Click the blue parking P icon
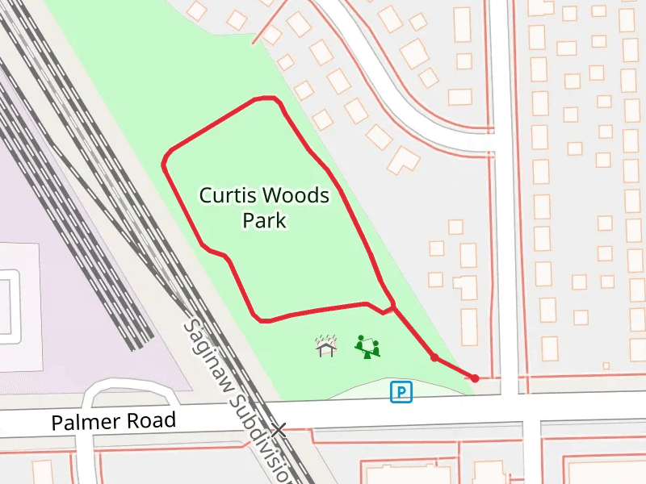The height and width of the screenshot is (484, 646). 401,392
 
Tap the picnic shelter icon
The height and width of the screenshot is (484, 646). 325,346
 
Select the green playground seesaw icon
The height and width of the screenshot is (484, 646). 367,347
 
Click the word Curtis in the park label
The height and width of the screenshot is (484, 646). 229,195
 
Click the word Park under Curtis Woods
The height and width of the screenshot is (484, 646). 265,220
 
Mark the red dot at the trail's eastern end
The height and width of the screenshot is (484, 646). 475,378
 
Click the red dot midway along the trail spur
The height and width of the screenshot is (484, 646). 434,357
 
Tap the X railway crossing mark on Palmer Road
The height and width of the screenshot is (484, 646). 279,429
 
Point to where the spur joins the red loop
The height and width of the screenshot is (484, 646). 393,307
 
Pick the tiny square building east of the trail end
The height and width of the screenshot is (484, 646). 606,365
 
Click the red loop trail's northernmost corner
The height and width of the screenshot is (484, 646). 266,99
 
